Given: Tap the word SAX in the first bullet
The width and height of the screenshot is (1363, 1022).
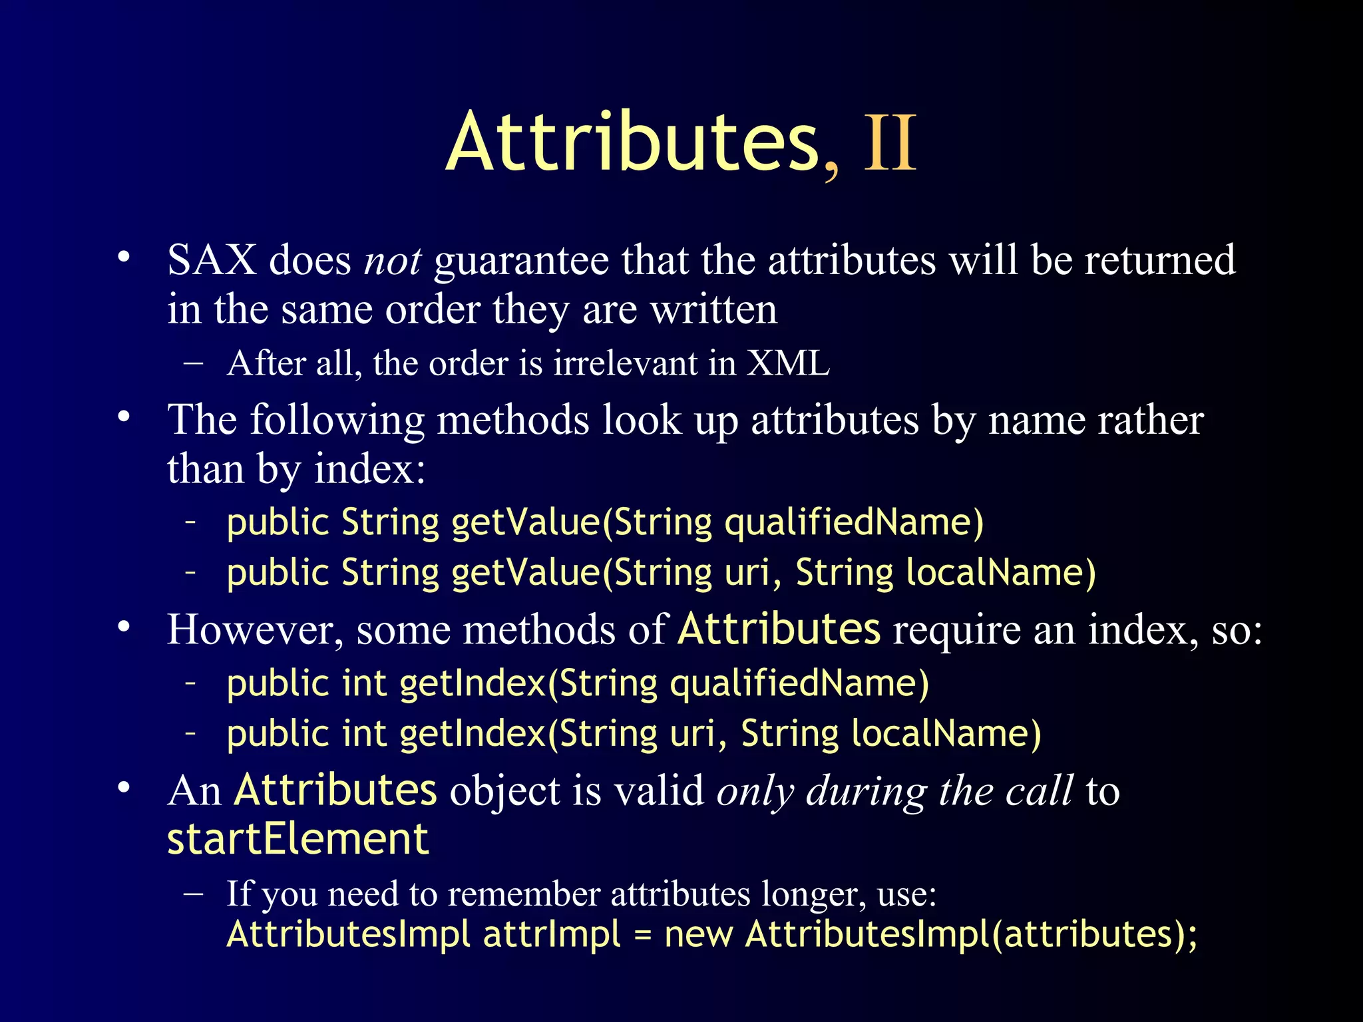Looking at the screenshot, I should click(x=212, y=260).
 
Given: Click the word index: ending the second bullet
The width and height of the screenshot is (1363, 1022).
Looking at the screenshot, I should click(x=369, y=470).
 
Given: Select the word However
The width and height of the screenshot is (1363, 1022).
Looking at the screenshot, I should click(x=255, y=629).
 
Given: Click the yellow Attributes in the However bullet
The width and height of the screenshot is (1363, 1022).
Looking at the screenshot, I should click(x=779, y=629).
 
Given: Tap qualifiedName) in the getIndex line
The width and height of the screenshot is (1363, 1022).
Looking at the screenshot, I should click(x=799, y=683).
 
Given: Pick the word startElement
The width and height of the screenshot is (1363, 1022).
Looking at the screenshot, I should click(x=297, y=839).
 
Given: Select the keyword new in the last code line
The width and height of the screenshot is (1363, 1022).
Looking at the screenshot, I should click(x=699, y=934).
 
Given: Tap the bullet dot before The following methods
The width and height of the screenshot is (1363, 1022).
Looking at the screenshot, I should click(x=123, y=418).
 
